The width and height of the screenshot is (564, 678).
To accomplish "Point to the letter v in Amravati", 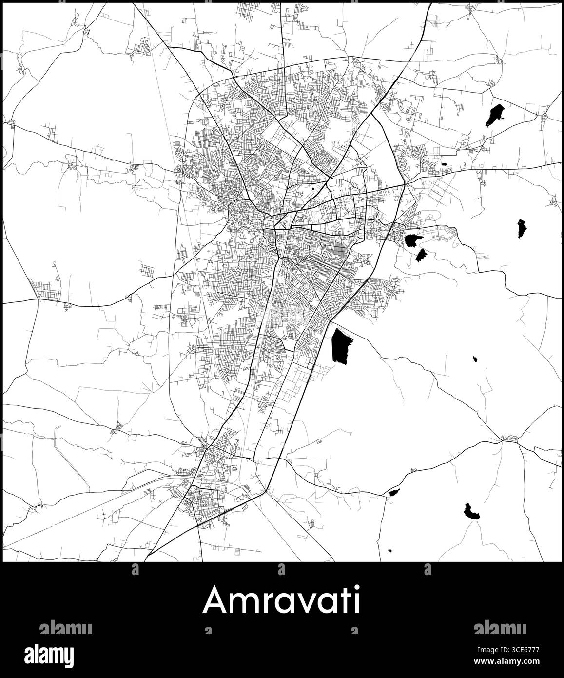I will click(303, 602).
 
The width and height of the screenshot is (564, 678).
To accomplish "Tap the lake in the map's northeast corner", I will click(495, 115).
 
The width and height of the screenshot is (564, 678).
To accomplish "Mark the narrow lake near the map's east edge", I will click(522, 228).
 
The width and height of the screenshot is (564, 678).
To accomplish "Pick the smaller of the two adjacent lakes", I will click(421, 255).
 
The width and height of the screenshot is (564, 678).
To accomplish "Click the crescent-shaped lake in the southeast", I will click(472, 512).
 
